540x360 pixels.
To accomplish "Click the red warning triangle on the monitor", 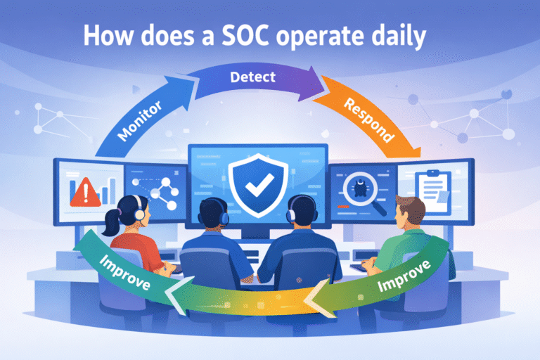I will click(83, 191).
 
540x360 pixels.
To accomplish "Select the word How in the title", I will click(105, 37).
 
